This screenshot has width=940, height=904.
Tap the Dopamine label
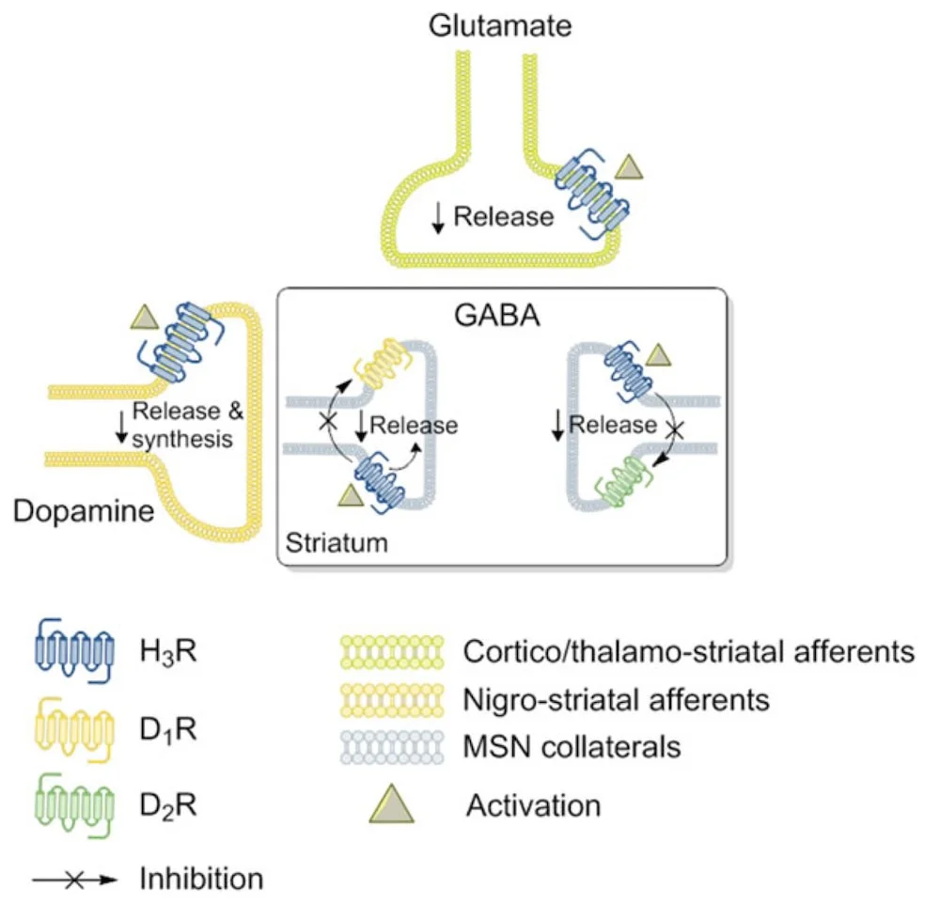(x=84, y=512)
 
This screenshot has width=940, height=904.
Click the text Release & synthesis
(x=182, y=425)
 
